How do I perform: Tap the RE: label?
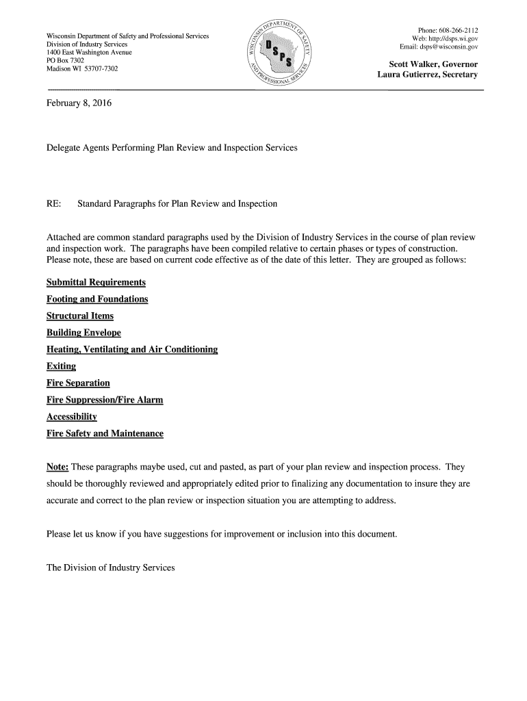click(x=54, y=204)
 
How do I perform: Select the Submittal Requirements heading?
click(x=96, y=283)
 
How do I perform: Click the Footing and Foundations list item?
click(x=97, y=299)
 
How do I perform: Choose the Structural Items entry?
click(x=80, y=316)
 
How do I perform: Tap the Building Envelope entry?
click(x=83, y=333)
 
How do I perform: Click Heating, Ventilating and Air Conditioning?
click(x=132, y=350)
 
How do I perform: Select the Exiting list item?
click(x=62, y=366)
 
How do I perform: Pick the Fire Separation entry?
click(x=78, y=383)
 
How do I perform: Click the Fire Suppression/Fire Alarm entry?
click(x=105, y=400)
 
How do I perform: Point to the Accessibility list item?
click(x=72, y=417)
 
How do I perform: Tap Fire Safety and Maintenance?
click(x=105, y=433)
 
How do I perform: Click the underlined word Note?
click(x=57, y=467)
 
